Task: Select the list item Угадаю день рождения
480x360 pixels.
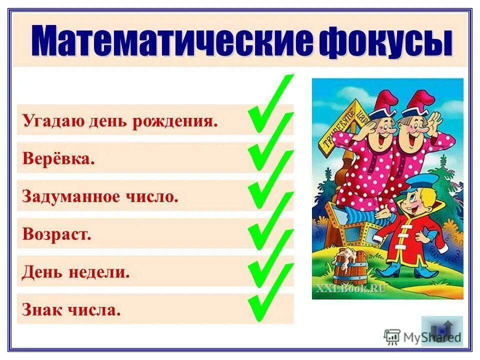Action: pyautogui.click(x=120, y=121)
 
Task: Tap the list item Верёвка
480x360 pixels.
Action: pyautogui.click(x=58, y=158)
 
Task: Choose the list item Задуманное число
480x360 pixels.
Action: pyautogui.click(x=100, y=196)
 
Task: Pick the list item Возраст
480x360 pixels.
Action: pyautogui.click(x=57, y=234)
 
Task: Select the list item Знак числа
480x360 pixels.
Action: pyautogui.click(x=71, y=310)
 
